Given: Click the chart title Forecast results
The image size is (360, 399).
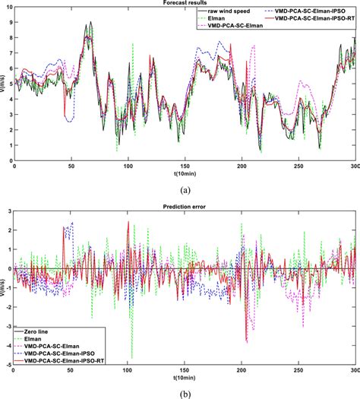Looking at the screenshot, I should pyautogui.click(x=185, y=4).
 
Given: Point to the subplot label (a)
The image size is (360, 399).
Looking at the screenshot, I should pyautogui.click(x=185, y=183).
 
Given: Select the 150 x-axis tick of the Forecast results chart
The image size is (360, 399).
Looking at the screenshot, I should pyautogui.click(x=185, y=165).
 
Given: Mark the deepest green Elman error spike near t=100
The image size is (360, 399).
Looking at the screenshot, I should pyautogui.click(x=132, y=357).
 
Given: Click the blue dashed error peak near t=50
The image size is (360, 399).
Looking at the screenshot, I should pyautogui.click(x=72, y=223).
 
